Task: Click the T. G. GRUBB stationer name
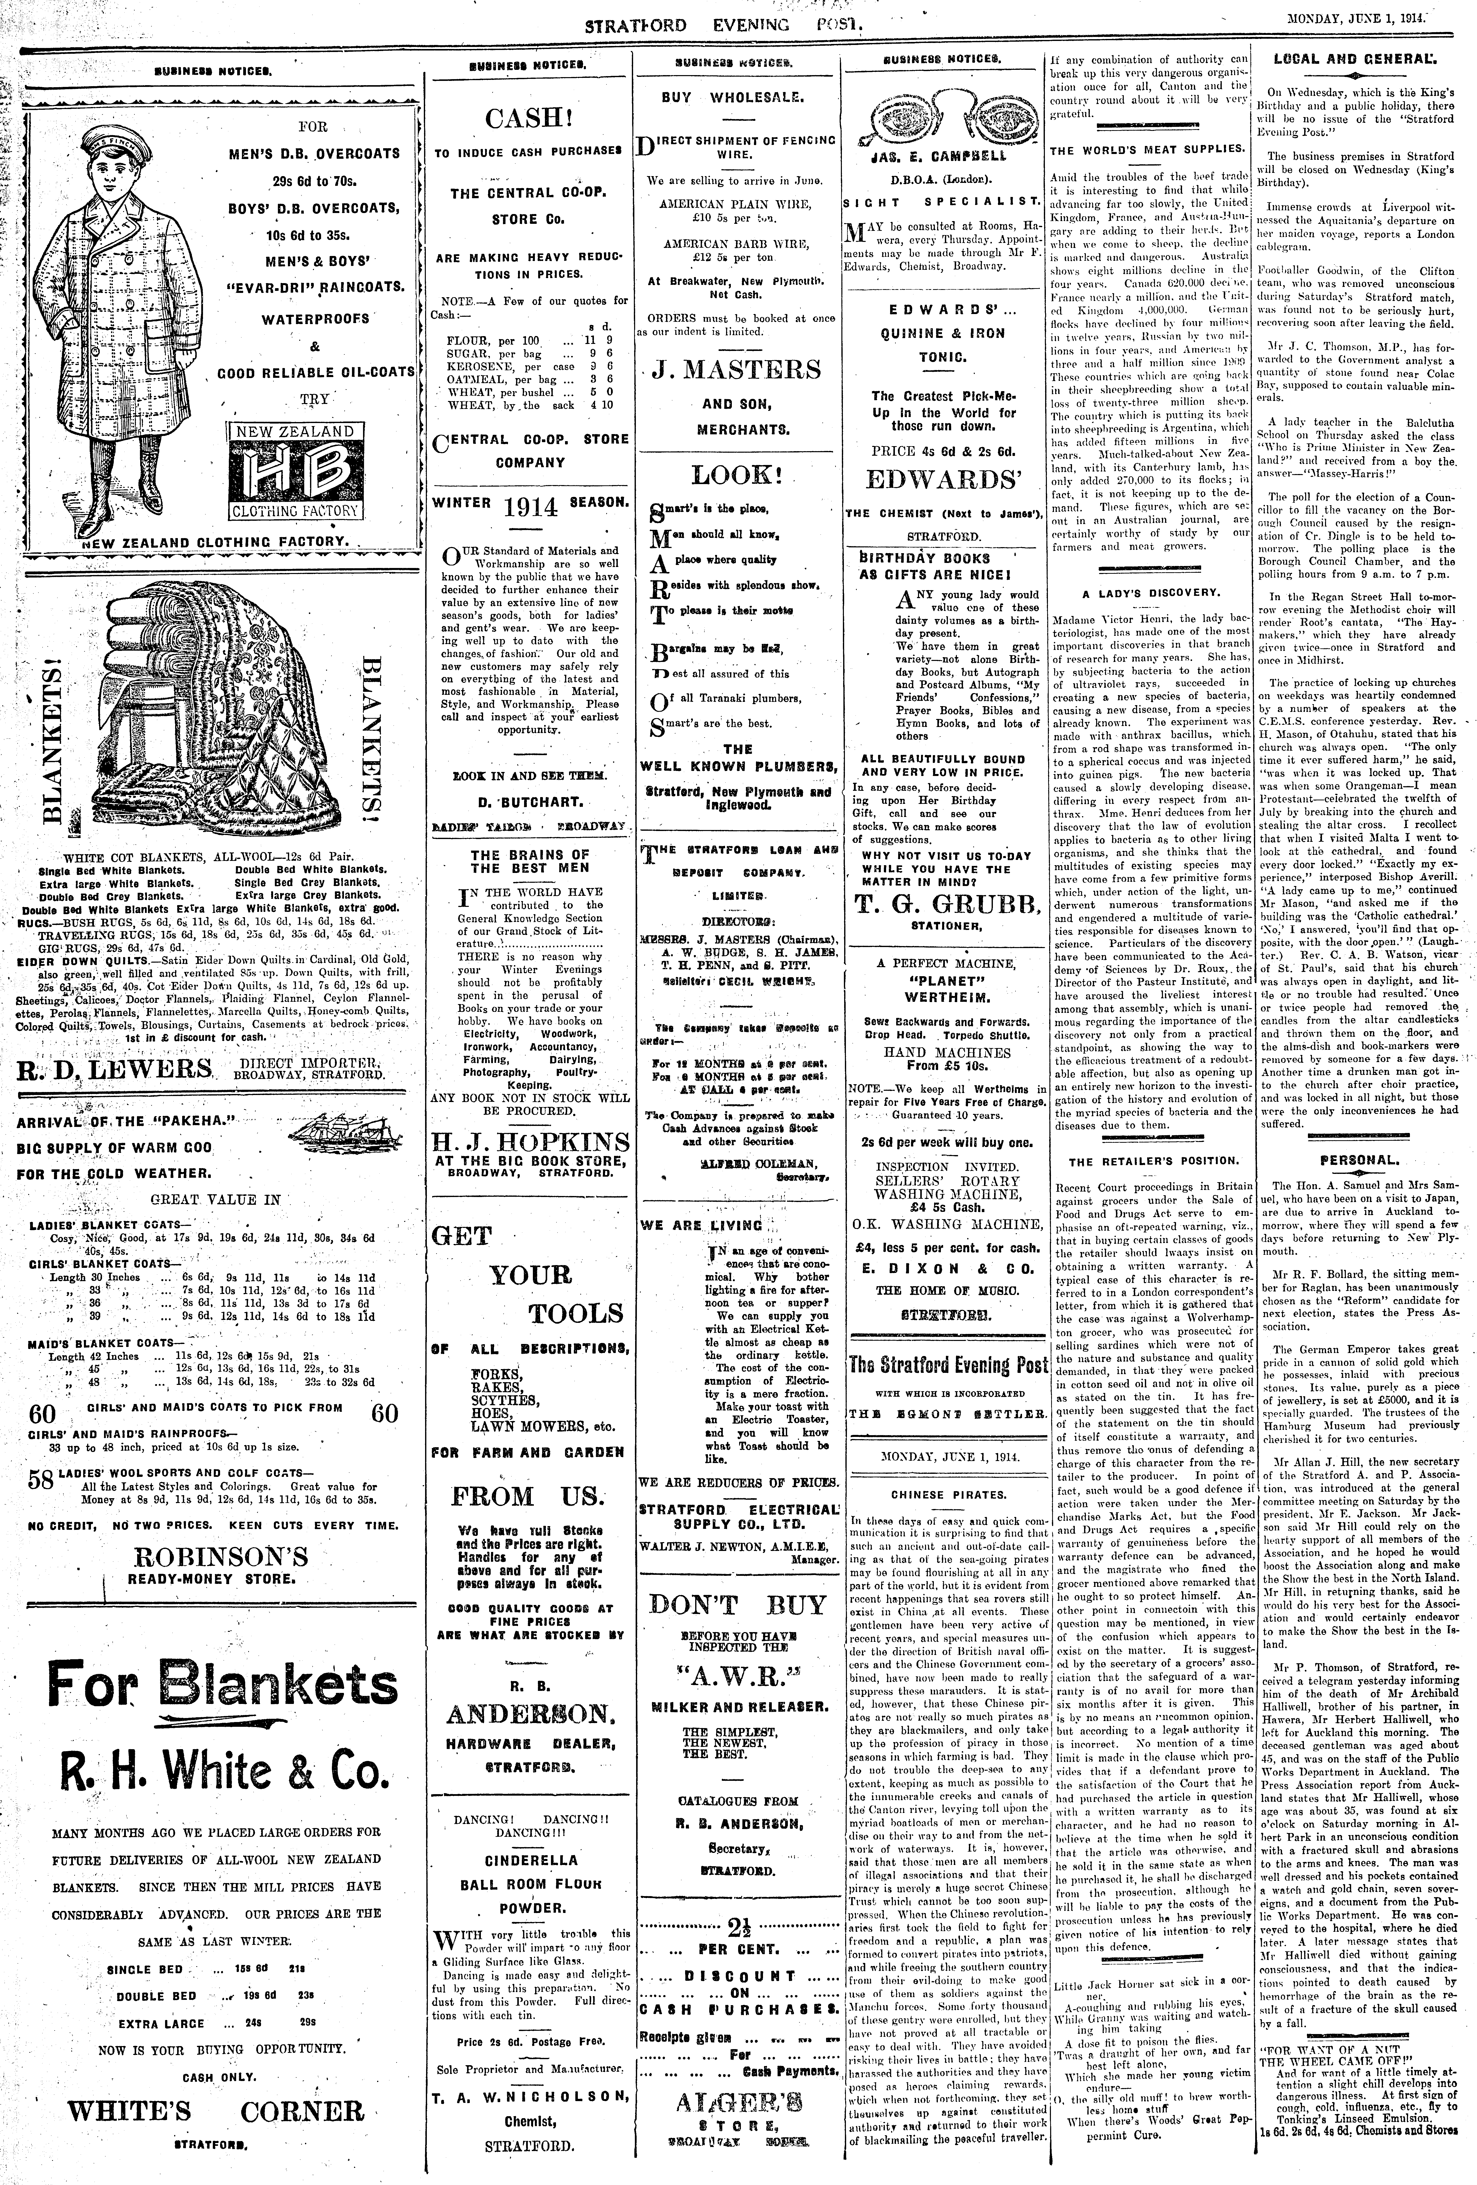coord(947,904)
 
